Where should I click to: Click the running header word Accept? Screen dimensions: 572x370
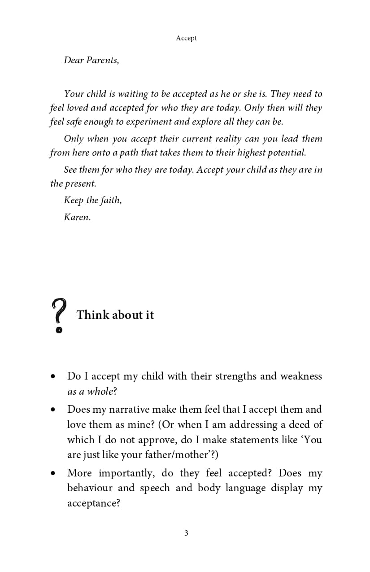point(186,38)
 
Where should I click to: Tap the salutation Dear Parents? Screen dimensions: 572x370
point(91,60)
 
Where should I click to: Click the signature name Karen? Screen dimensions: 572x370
point(77,218)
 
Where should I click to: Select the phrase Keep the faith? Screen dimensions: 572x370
point(92,200)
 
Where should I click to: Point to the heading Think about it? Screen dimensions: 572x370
point(115,315)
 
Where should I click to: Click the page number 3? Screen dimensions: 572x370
point(186,533)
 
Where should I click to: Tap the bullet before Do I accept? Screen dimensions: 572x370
point(53,376)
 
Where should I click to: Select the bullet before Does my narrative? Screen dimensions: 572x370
point(53,410)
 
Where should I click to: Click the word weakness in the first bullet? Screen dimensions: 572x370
point(301,376)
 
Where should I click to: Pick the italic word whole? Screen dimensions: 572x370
point(100,391)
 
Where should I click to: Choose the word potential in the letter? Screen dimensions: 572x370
point(286,153)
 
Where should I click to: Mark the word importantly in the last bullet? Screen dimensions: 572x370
point(126,473)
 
